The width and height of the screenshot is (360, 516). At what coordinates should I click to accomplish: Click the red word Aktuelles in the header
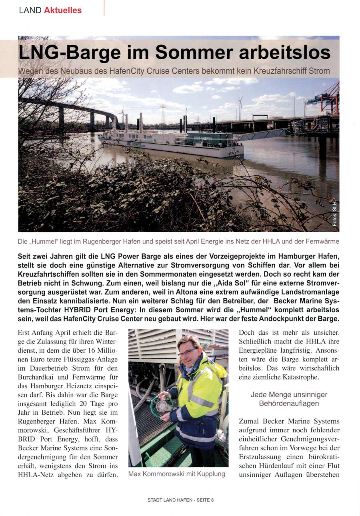click(x=63, y=10)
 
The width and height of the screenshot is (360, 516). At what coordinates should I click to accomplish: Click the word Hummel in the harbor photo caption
click(x=44, y=242)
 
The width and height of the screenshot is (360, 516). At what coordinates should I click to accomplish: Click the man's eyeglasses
click(x=186, y=352)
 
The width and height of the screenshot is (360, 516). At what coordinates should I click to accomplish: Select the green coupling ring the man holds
click(x=162, y=405)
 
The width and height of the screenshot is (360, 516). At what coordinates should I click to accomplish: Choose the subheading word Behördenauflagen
click(x=288, y=404)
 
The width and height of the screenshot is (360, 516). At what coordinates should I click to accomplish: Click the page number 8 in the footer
click(x=212, y=500)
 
